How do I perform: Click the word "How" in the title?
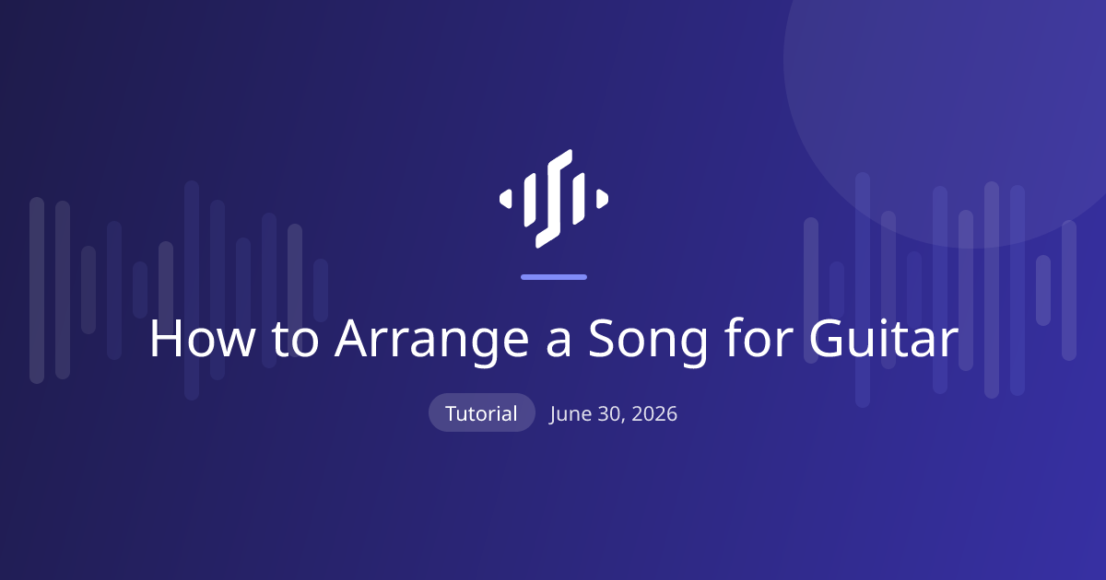coord(203,339)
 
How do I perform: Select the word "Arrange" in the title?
coord(432,342)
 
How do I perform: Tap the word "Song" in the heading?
coord(648,342)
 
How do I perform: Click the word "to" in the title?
coord(295,341)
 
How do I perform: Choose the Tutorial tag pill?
coord(482,412)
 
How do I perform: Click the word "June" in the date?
coord(571,414)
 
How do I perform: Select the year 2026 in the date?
coord(654,413)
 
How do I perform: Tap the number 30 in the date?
coord(611,414)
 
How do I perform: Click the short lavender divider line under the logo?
coord(554,277)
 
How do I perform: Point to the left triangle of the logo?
coord(506,199)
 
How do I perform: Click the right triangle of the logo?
coord(602,199)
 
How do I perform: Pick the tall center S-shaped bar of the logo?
coord(554,199)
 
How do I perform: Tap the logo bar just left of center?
coord(530,200)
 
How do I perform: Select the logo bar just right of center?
coord(578,199)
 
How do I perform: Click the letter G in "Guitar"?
coord(826,339)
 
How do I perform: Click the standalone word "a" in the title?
coord(559,342)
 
